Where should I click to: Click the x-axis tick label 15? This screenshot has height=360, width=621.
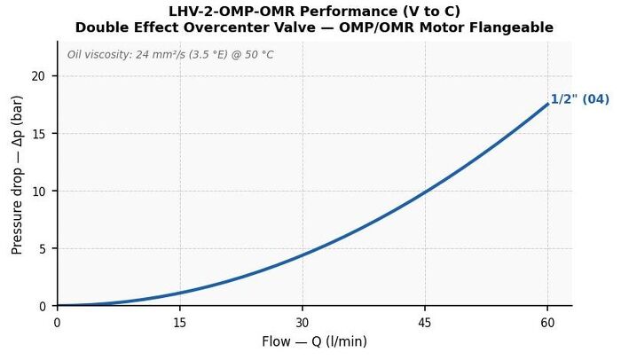coord(179,323)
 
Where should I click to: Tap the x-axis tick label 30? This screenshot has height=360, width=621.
coord(303,323)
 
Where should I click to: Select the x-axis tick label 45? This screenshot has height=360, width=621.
coord(425,323)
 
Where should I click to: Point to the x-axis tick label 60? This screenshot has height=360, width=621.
coord(547,323)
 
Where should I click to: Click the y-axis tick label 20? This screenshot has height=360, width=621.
coord(38,76)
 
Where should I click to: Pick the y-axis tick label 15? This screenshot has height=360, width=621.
coord(38,134)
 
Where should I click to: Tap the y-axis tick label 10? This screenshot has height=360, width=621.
coord(38,192)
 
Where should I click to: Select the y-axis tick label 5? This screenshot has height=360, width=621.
coord(42,249)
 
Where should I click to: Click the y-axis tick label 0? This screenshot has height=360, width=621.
coord(42,307)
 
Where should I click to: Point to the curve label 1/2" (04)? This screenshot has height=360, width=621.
coord(580,99)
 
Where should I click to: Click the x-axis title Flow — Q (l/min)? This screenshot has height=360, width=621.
coord(314,341)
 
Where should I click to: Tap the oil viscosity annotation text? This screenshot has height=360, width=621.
coord(170,54)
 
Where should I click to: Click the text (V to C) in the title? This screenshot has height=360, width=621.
coord(432,12)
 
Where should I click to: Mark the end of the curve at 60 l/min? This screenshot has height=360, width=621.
coord(547,104)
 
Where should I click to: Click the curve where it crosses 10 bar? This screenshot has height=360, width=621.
coord(425,192)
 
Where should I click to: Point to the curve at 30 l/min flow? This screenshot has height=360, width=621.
coord(303,254)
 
